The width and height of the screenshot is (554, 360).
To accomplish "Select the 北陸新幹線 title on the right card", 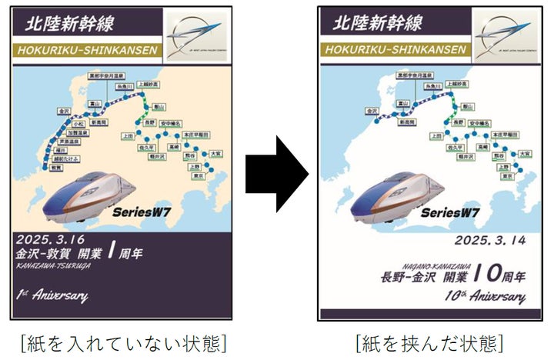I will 377,22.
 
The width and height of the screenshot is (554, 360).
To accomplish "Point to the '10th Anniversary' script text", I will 485,296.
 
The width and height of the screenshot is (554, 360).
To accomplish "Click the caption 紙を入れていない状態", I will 122,342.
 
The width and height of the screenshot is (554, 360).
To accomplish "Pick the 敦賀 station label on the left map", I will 37,175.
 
